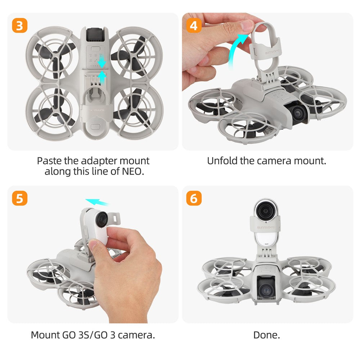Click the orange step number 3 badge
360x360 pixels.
(20, 26)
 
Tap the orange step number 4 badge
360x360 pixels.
(194, 26)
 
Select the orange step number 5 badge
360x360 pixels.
(20, 198)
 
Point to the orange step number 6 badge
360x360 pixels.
(194, 198)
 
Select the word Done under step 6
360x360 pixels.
(266, 335)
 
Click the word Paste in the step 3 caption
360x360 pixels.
(49, 161)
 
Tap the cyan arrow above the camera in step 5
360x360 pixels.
(97, 202)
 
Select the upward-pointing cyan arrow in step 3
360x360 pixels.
(102, 78)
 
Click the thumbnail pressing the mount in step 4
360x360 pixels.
(247, 26)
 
